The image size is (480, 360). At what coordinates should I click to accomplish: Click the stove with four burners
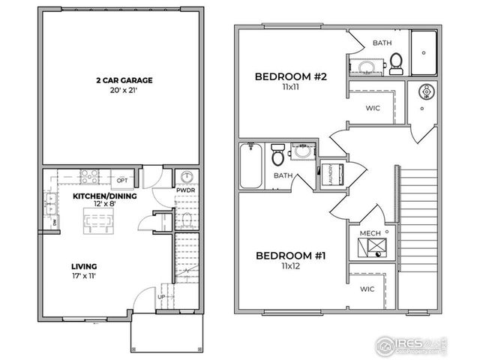point(91,177)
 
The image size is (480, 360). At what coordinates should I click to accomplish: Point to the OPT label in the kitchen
point(121,181)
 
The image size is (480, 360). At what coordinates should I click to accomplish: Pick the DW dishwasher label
point(55,223)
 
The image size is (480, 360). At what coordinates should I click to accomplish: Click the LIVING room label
point(84,266)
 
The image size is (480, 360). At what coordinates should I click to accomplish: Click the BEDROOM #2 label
point(286,76)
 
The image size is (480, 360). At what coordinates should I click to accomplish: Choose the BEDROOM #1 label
point(289,256)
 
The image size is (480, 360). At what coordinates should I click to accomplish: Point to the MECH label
point(370,233)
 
